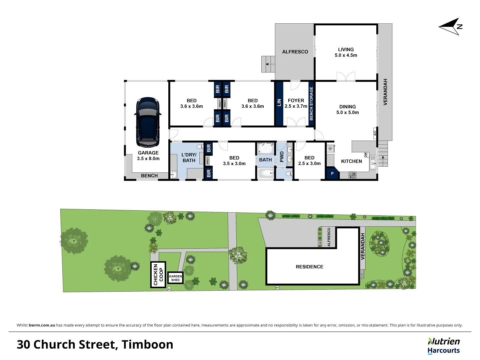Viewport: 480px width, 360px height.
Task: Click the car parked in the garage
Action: pyautogui.click(x=148, y=122)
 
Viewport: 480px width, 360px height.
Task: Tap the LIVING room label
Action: pyautogui.click(x=346, y=52)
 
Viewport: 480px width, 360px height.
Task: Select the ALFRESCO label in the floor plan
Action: pyautogui.click(x=295, y=52)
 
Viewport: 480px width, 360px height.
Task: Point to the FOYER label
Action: pyautogui.click(x=296, y=100)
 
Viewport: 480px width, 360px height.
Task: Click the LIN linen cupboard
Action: pyautogui.click(x=279, y=103)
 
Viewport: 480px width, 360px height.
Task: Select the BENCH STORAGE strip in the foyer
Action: pyautogui.click(x=311, y=103)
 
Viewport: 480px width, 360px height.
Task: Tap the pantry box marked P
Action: pyautogui.click(x=332, y=174)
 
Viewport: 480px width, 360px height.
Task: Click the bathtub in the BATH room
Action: pyautogui.click(x=266, y=173)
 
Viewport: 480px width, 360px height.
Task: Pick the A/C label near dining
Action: pyautogui.click(x=375, y=133)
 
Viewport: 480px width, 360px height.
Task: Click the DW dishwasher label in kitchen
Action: pyautogui.click(x=366, y=155)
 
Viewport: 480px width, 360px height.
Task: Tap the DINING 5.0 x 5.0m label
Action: pyautogui.click(x=347, y=110)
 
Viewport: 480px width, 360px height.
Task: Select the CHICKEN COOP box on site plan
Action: pyautogui.click(x=158, y=275)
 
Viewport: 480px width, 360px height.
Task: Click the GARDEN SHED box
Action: pyautogui.click(x=175, y=278)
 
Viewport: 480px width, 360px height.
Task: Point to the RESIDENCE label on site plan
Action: pyautogui.click(x=309, y=267)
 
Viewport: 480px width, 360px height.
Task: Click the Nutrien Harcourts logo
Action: pyautogui.click(x=444, y=346)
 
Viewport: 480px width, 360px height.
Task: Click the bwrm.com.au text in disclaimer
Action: pyautogui.click(x=42, y=325)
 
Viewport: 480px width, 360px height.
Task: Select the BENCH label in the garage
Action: pyautogui.click(x=149, y=176)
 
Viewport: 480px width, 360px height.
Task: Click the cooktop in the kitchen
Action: pyautogui.click(x=352, y=175)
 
